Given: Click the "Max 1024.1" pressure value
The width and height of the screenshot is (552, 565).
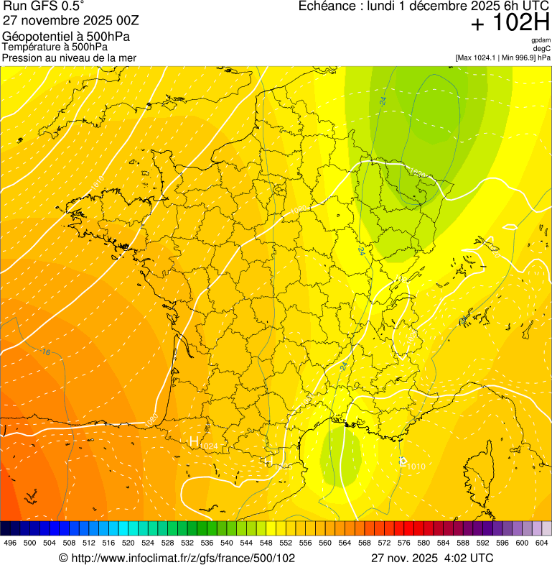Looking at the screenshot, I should coord(480,57).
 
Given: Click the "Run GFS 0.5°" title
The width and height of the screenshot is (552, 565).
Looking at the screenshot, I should coord(44,6).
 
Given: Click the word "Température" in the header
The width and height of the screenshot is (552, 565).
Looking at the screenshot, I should coord(33,47).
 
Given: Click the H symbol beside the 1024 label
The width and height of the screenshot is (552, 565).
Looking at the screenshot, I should coord(193,442).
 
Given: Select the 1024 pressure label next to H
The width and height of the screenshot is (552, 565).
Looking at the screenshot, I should coord(209,447).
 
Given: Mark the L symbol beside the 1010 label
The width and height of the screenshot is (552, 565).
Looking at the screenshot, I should coord(403,461).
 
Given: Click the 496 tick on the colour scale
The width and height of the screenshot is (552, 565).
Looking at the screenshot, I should coord(10,542).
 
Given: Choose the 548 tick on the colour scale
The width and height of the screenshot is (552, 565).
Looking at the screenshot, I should coord(267,542).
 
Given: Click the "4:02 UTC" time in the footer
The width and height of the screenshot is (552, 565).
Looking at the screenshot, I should coord(470,558).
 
